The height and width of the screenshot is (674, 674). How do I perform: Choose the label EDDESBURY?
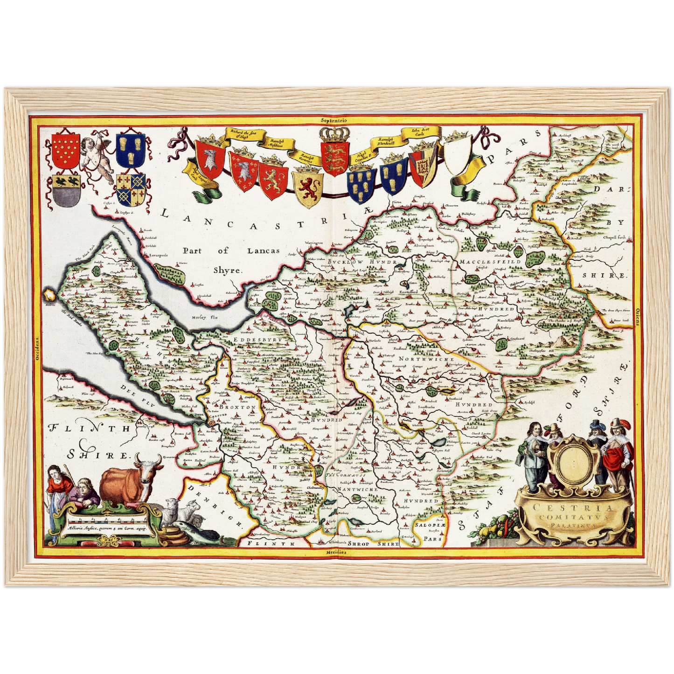[x=259, y=340]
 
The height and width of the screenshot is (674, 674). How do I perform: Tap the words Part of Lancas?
[x=230, y=250]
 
